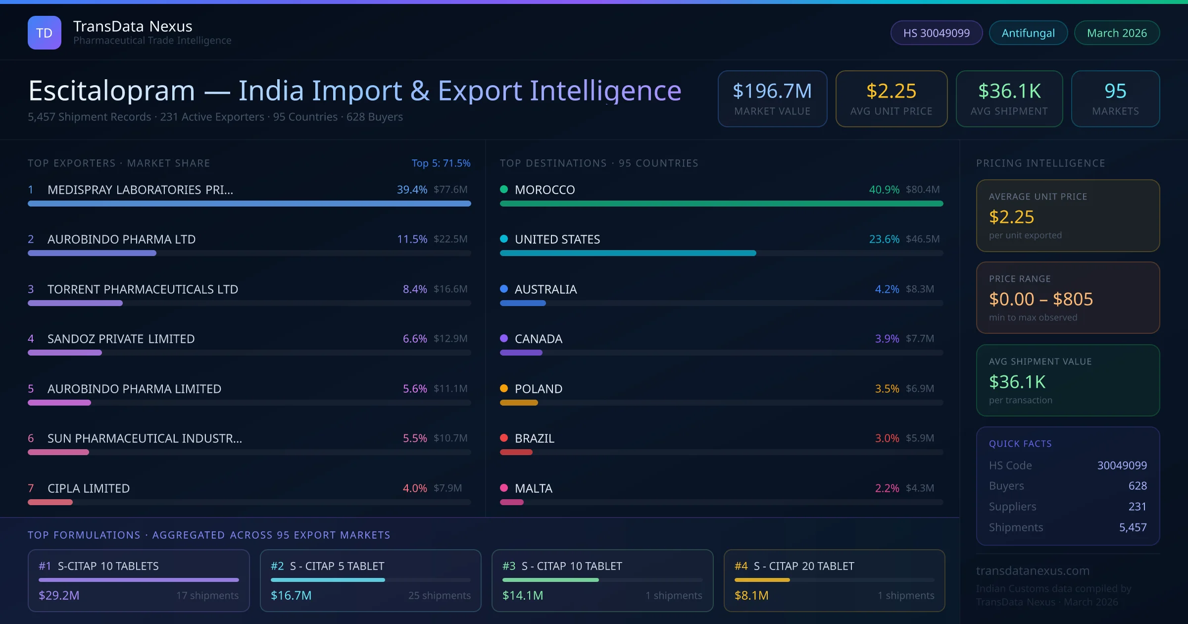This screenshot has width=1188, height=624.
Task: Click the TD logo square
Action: (x=45, y=33)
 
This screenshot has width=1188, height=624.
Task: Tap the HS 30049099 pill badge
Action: (x=936, y=33)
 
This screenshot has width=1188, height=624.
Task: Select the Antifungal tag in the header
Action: (x=1028, y=33)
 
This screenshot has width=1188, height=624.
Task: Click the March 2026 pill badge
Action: (x=1117, y=33)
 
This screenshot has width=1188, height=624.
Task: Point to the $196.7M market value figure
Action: (x=772, y=91)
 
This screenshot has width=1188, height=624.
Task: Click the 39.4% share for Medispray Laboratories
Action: (x=412, y=190)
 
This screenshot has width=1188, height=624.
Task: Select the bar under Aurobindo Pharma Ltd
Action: (x=92, y=253)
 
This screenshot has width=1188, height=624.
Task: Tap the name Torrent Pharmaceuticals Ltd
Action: (x=143, y=289)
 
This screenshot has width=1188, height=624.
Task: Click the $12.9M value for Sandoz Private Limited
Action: (x=450, y=339)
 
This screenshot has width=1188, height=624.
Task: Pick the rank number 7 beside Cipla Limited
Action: (x=31, y=488)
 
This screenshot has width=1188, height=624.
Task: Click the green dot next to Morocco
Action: (x=504, y=189)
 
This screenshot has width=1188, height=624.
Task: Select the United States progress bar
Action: (x=628, y=253)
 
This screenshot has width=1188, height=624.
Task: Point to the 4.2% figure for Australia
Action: (x=887, y=289)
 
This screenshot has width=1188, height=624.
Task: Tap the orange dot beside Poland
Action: (x=504, y=388)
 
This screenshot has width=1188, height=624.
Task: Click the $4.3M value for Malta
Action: (x=920, y=488)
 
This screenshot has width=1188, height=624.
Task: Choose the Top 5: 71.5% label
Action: (x=441, y=163)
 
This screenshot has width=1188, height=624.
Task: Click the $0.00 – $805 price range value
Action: (x=1040, y=299)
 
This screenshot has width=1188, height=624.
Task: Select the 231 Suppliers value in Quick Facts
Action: (x=1137, y=507)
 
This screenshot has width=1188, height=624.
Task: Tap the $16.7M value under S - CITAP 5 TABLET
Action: (x=291, y=595)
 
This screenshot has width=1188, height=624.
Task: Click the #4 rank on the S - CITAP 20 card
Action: (x=741, y=566)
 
